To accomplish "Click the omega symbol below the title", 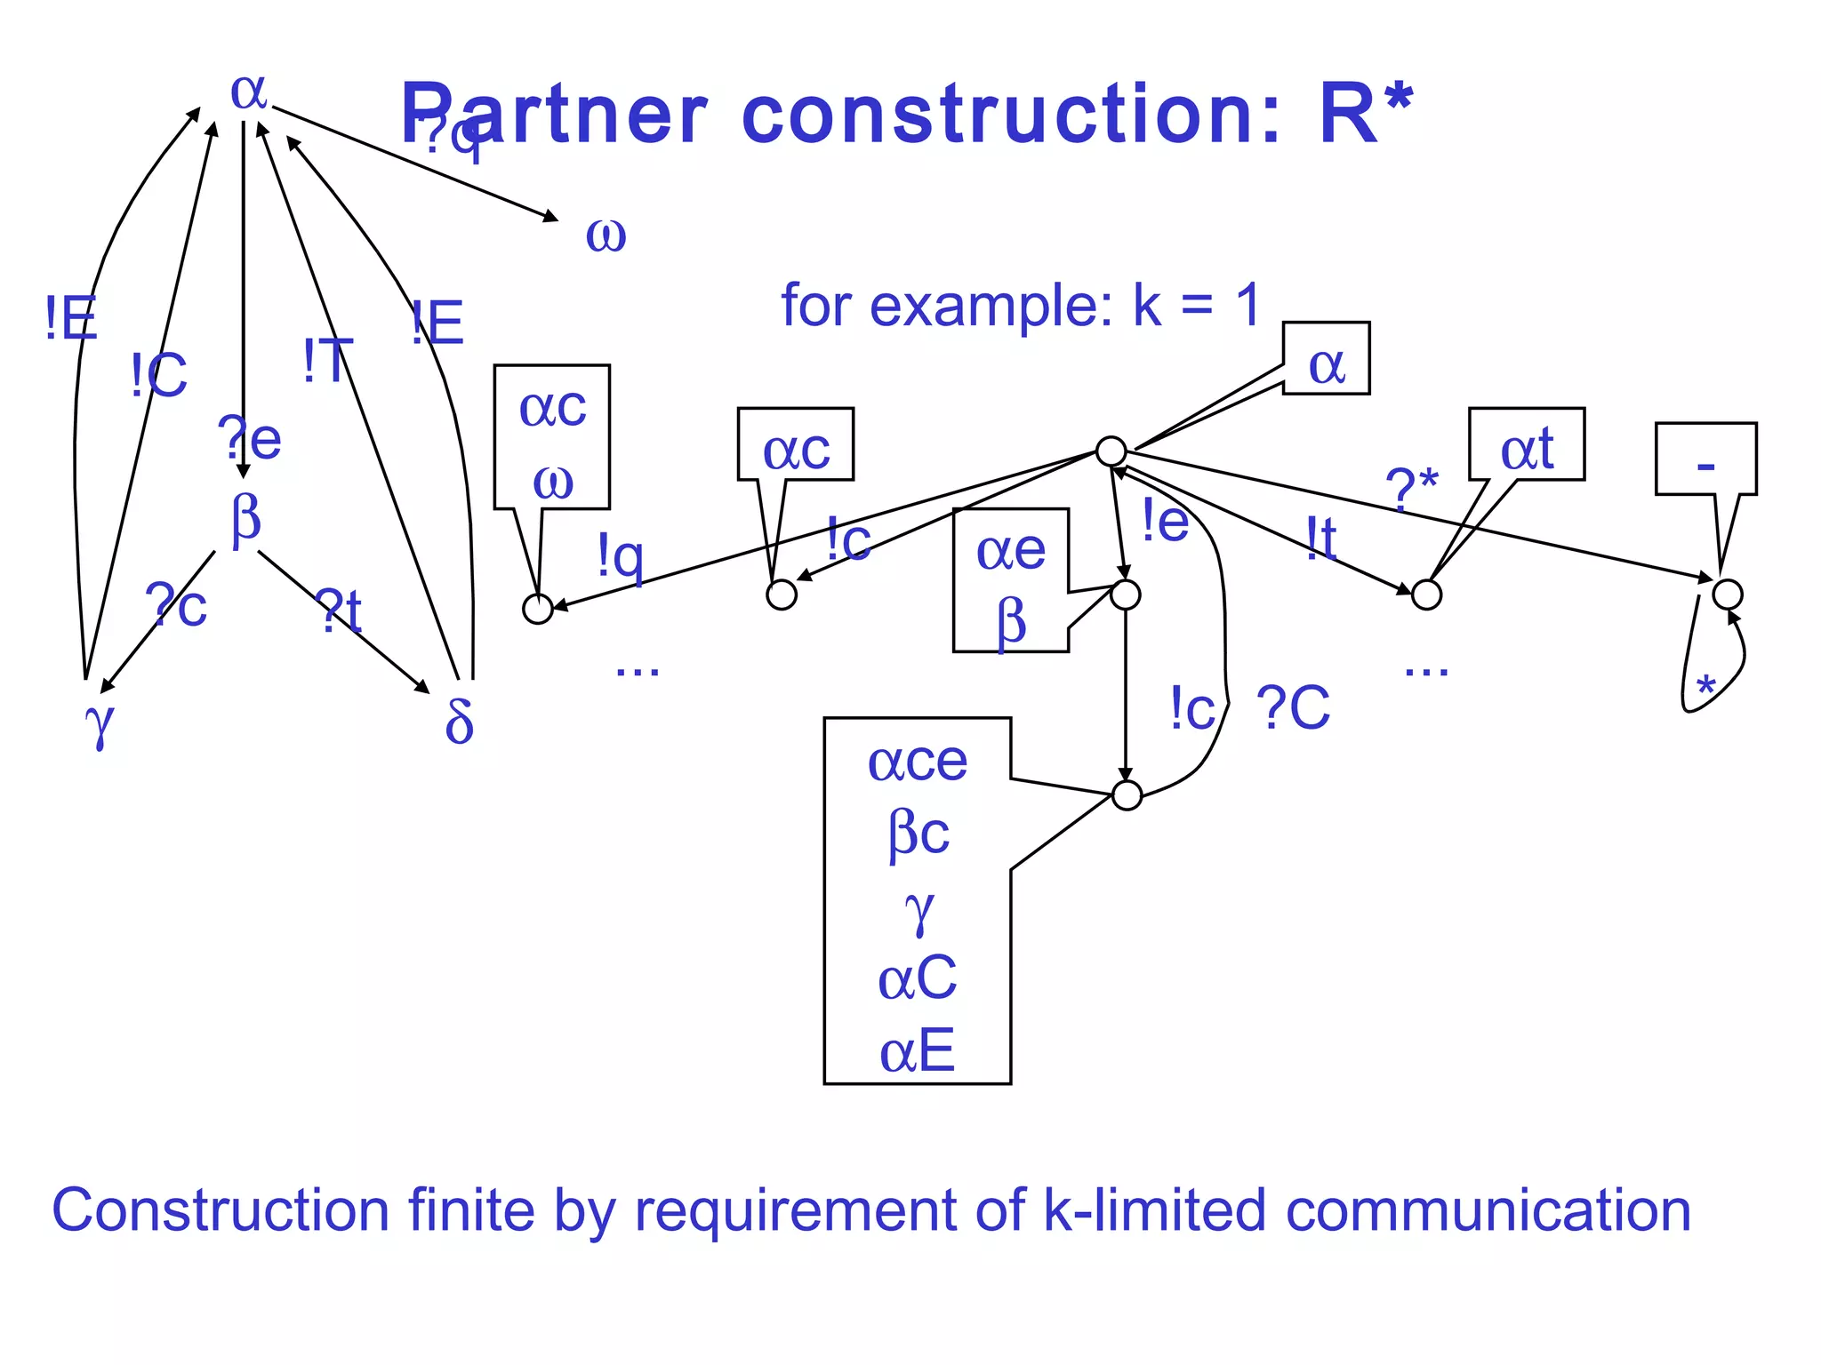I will click(606, 235).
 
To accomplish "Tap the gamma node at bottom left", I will click(100, 722).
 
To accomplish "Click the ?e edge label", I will click(250, 439).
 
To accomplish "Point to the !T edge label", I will click(328, 362).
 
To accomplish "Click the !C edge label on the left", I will click(159, 375).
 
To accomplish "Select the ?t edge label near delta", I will click(341, 611).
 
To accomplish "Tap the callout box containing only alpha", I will click(1326, 358).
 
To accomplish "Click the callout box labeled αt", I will click(1526, 444).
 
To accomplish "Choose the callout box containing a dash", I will click(1705, 459).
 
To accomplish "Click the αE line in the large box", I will click(917, 1050).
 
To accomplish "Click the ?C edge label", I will click(1294, 708).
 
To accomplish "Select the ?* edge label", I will click(1412, 487).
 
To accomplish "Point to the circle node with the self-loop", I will click(1728, 594).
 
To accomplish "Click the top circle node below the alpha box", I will click(1111, 451).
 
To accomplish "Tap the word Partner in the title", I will click(554, 114).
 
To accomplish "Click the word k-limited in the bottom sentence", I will click(1153, 1210).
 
